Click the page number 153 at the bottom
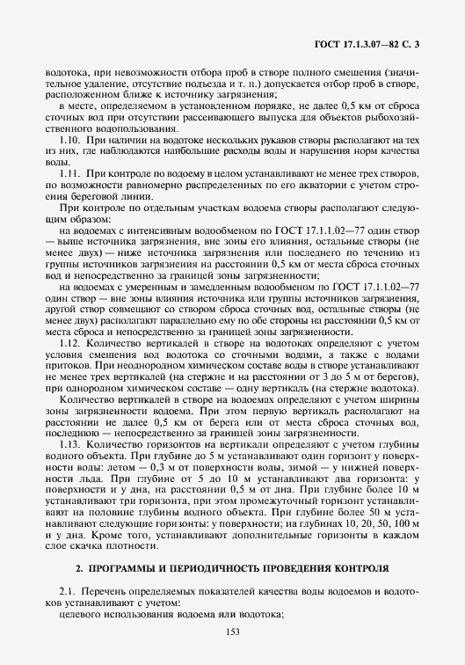pos(232,632)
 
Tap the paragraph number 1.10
pos(69,141)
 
